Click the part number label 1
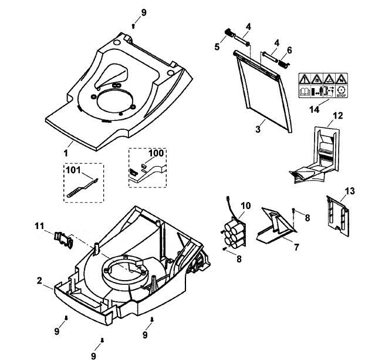(66, 153)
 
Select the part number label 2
(39, 280)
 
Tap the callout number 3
(258, 129)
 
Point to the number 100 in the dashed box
(156, 153)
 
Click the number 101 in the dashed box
(73, 170)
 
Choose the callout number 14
(315, 109)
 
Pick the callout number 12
(338, 116)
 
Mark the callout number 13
(349, 191)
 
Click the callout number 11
(39, 226)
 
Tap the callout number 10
(246, 206)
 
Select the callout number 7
(296, 247)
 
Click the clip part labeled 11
(63, 240)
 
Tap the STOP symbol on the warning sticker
(342, 92)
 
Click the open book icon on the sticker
(305, 92)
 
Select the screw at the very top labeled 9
(133, 26)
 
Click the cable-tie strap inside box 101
(82, 188)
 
